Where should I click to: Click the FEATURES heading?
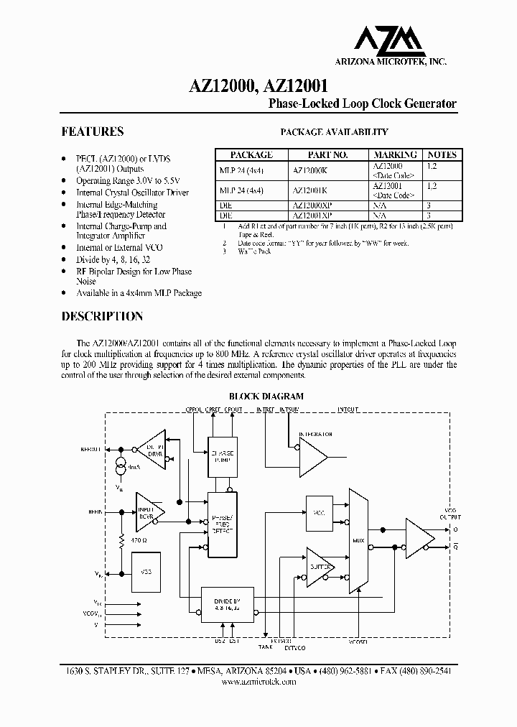coord(93,132)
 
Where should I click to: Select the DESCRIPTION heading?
coord(102,316)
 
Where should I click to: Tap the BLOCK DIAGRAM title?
coord(266,396)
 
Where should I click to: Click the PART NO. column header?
coord(327,154)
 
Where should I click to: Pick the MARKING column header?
coord(395,154)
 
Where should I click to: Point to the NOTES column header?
coord(442,154)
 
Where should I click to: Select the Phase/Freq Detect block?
coord(222,524)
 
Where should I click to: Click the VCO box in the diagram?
coord(320,511)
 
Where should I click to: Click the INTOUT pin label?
coord(348,409)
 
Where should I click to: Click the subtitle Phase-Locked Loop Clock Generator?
coord(362,103)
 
